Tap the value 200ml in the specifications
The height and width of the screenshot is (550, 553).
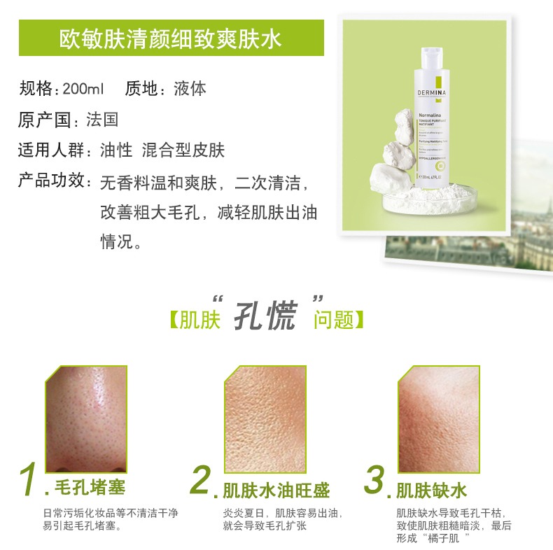[x=83, y=90]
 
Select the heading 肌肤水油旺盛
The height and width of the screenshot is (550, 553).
[x=276, y=489]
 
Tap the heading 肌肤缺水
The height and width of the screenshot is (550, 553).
[x=431, y=489]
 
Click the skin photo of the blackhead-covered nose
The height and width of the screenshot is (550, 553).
[x=85, y=418]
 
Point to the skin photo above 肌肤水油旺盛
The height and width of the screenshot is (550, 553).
[x=265, y=418]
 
